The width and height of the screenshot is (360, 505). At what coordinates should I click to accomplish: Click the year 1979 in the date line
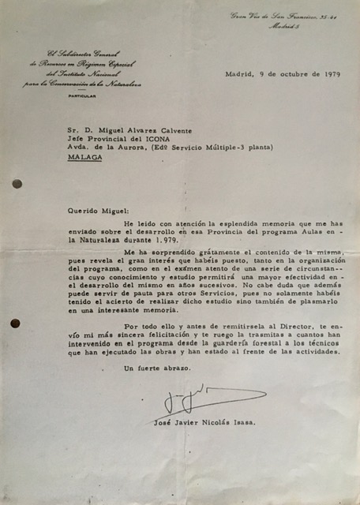pyautogui.click(x=331, y=74)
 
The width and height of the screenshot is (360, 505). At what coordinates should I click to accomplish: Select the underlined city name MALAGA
pyautogui.click(x=84, y=157)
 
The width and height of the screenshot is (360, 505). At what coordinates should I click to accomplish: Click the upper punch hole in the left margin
pyautogui.click(x=17, y=183)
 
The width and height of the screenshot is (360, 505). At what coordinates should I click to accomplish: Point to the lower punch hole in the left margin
pyautogui.click(x=15, y=324)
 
